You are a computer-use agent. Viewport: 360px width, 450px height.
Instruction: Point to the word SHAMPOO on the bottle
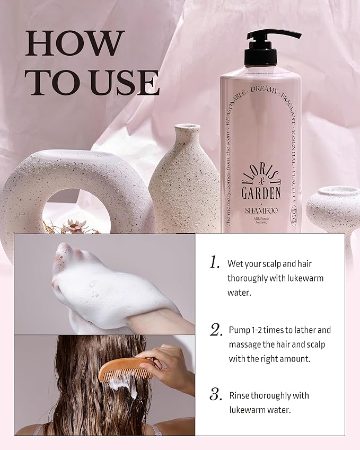point(261,210)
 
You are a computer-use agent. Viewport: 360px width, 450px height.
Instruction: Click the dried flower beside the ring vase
point(74,226)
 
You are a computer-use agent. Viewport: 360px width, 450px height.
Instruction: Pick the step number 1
point(214,262)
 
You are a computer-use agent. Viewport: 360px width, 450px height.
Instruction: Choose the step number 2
point(215,330)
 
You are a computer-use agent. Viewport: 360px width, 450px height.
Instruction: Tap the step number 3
point(215,395)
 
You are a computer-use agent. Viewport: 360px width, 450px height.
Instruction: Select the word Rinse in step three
point(239,395)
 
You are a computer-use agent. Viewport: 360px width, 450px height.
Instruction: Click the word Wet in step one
point(235,263)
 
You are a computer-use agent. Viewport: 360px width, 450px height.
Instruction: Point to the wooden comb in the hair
point(125,369)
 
